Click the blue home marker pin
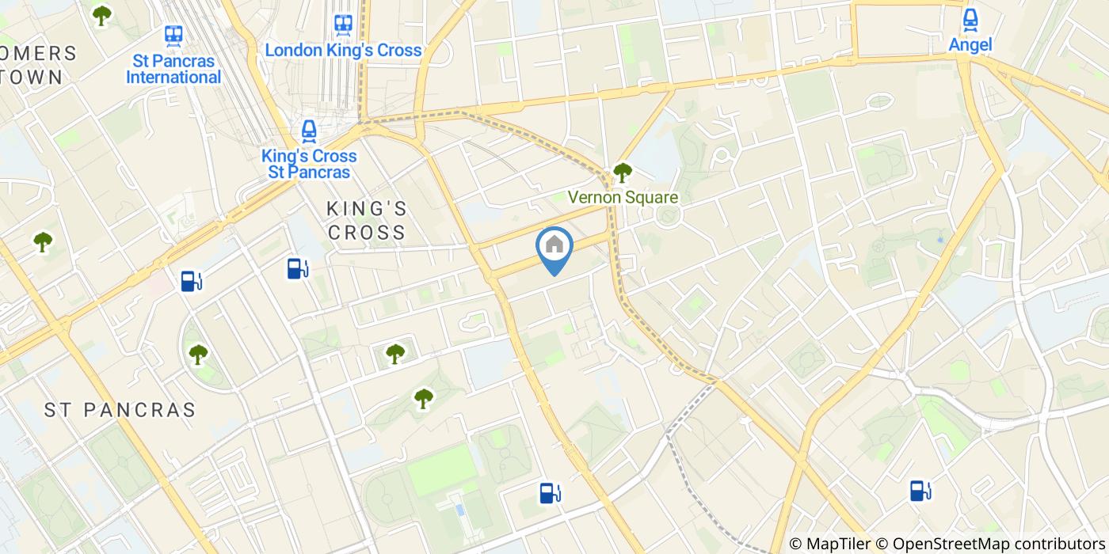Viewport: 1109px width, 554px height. pos(554,246)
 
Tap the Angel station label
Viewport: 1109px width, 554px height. pos(970,45)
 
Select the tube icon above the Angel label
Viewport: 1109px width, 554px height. pos(970,19)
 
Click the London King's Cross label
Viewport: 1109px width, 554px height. pos(343,51)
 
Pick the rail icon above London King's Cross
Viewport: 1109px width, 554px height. pos(343,25)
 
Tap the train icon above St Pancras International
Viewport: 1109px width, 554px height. pos(173,35)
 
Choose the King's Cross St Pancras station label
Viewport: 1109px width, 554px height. pos(309,164)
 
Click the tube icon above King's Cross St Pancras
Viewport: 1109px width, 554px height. pos(309,131)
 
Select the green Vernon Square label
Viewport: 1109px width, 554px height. pos(623,198)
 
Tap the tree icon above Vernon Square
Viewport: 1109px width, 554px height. pos(623,172)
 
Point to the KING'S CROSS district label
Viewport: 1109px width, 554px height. pos(367,221)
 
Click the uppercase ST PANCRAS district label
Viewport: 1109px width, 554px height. pos(120,410)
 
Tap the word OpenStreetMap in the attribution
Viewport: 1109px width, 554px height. pos(941,544)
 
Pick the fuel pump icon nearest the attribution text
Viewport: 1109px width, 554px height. pos(920,491)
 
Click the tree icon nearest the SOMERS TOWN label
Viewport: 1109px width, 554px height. pos(101,15)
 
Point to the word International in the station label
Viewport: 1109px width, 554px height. pos(173,78)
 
